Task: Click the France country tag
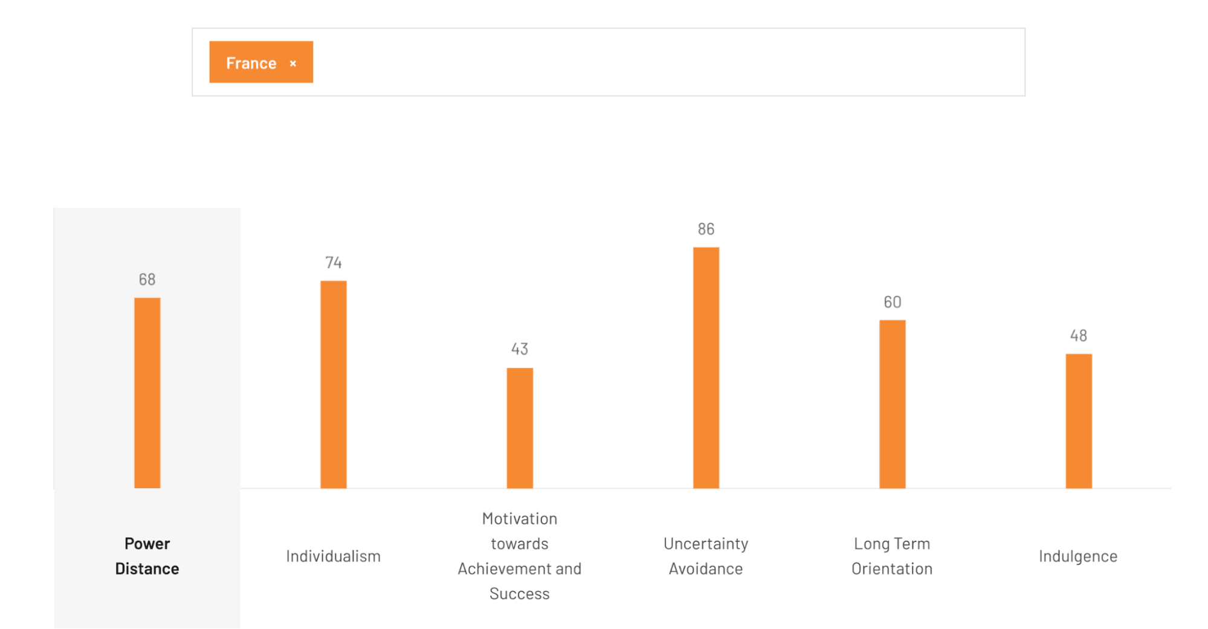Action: tap(251, 63)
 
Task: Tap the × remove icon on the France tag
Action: tap(293, 63)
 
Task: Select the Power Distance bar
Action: tap(147, 393)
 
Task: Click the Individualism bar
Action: tap(333, 384)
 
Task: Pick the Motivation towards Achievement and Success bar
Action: tap(520, 428)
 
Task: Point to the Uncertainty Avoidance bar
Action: tap(706, 367)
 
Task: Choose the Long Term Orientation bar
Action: tap(892, 404)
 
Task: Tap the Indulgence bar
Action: tap(1078, 421)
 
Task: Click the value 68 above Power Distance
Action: tap(147, 279)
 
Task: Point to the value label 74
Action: tap(333, 262)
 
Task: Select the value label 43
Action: tap(520, 349)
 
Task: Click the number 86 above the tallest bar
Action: tap(706, 229)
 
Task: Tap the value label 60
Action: tap(892, 302)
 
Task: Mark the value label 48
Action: tap(1078, 335)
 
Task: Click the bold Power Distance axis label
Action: tap(147, 556)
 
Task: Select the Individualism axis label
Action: tap(333, 556)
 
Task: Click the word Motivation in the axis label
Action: tap(520, 518)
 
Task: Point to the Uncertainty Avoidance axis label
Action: tap(706, 556)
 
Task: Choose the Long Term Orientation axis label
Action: tap(892, 556)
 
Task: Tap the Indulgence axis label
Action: tap(1078, 556)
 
